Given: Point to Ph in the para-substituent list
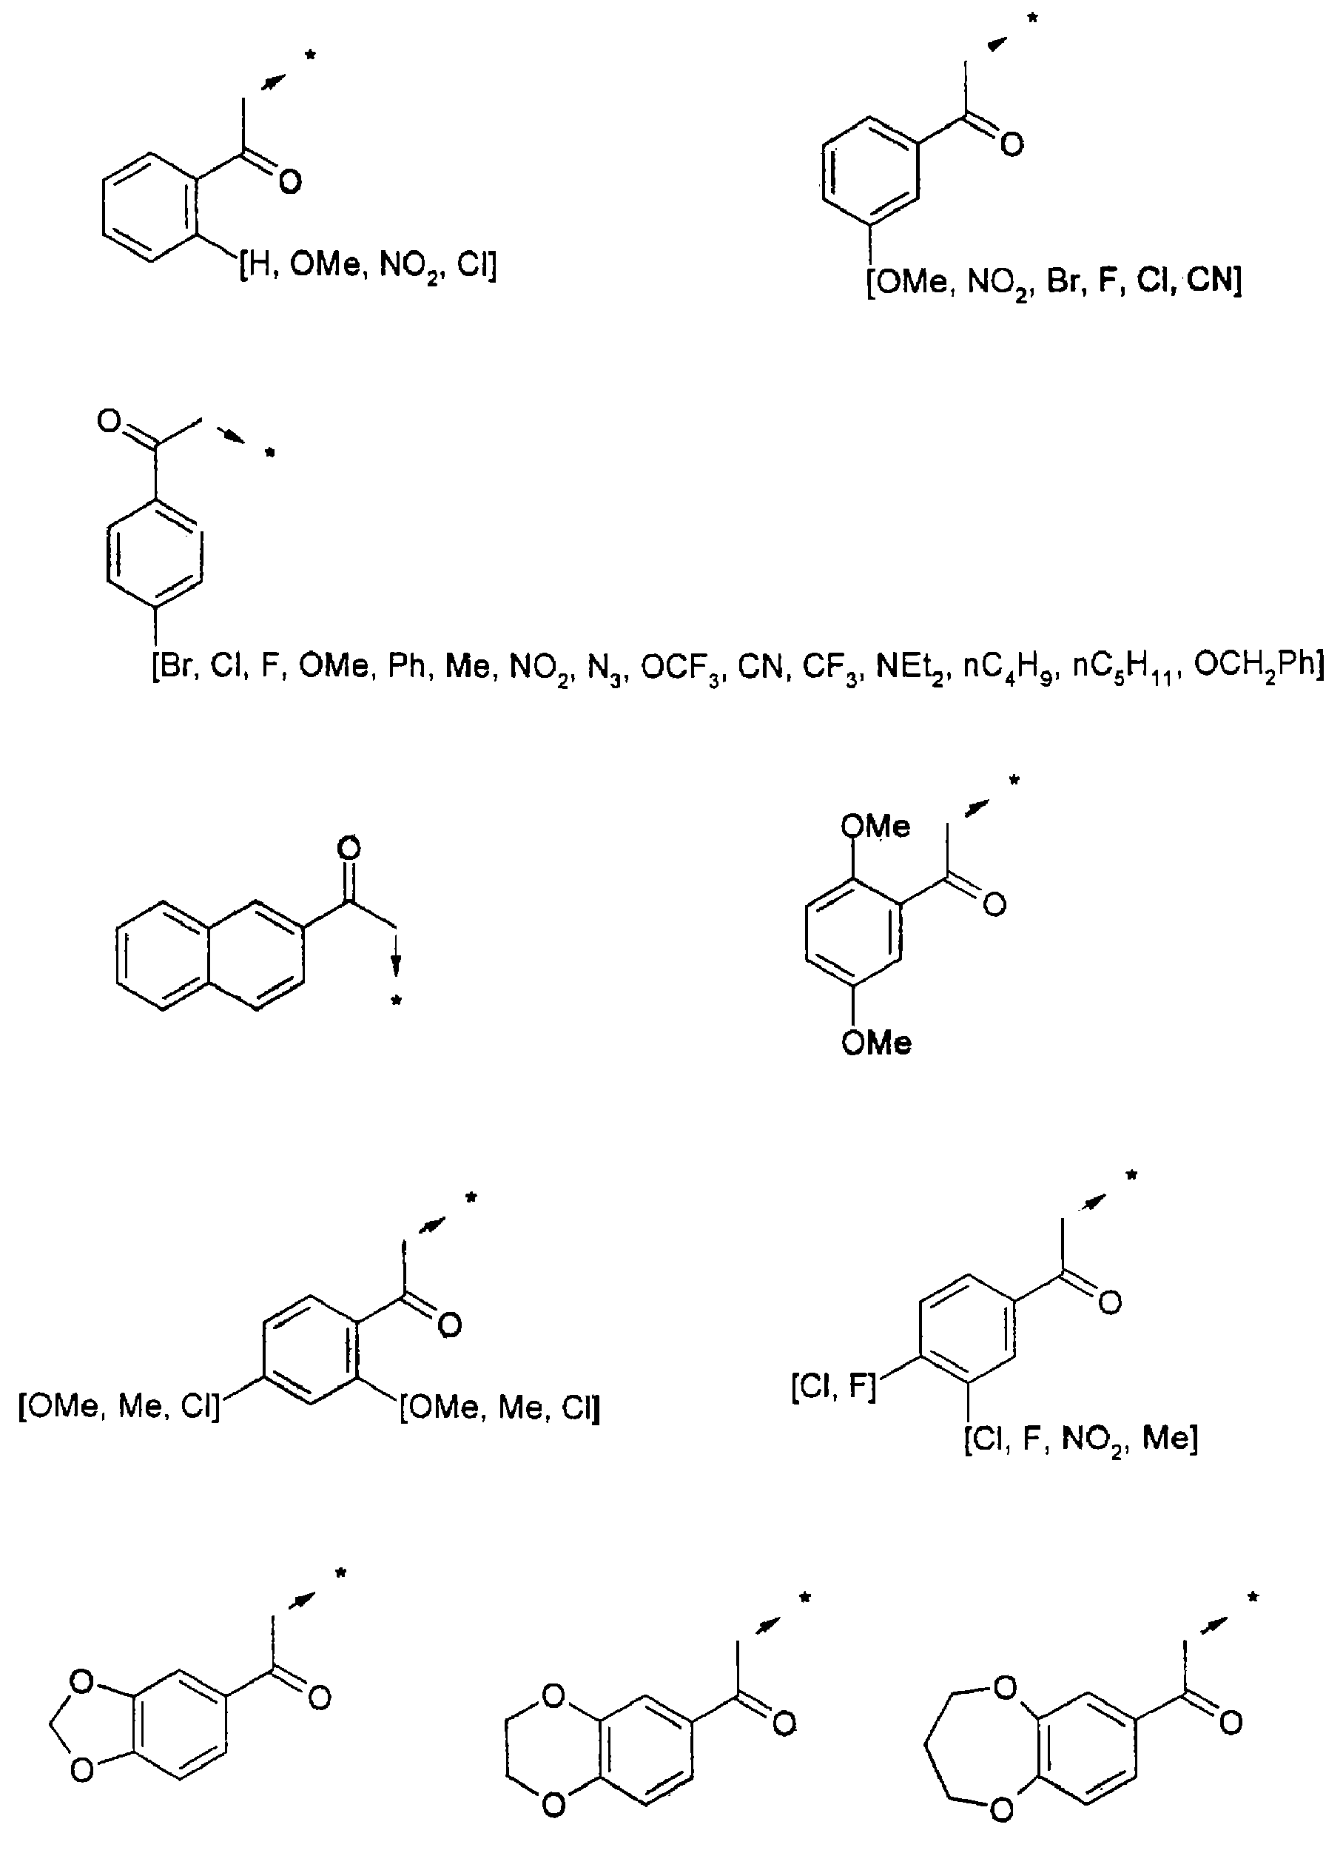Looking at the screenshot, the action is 406,667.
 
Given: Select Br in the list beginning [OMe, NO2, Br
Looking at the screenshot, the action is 1063,280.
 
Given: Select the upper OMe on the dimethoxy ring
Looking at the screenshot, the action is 875,827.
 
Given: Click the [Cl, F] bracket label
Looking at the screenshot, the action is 833,1386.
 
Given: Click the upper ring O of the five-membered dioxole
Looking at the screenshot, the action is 81,1682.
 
